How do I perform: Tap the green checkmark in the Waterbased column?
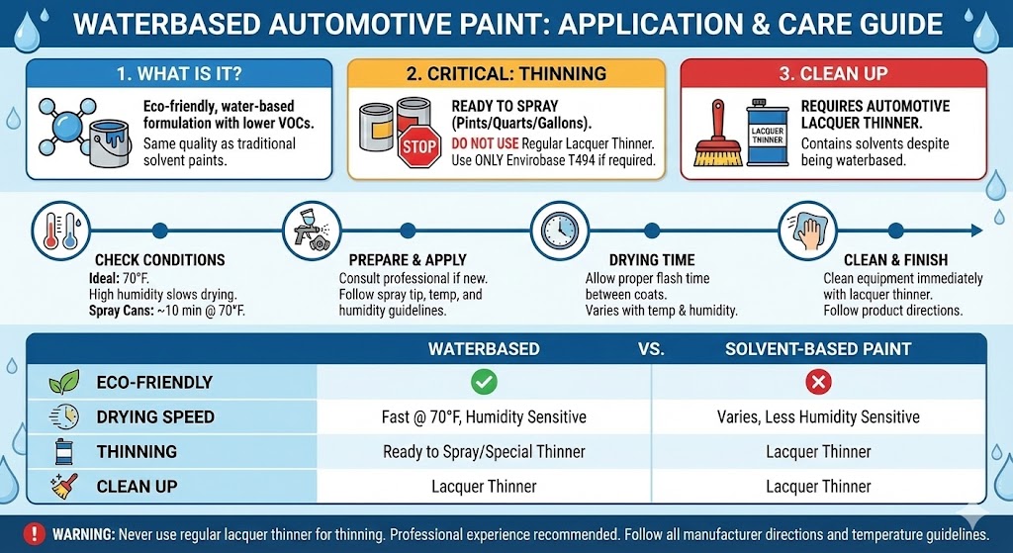click(485, 382)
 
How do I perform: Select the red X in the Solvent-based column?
click(818, 382)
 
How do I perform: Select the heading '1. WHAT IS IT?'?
click(178, 73)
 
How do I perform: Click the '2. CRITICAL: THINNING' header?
click(506, 73)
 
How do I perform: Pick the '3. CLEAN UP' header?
click(833, 73)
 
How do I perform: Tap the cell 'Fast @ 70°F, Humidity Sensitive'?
click(484, 416)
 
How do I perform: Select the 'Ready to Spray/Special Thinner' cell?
click(484, 451)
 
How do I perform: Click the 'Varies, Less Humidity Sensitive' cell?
click(818, 416)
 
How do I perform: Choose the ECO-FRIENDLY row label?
click(154, 383)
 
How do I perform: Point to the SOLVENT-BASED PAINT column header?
click(818, 349)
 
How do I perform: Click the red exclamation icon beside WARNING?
click(36, 533)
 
